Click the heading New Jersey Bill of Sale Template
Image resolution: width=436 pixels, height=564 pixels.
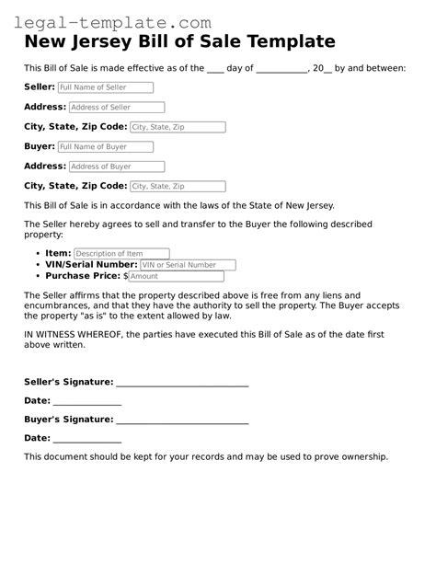tap(178, 42)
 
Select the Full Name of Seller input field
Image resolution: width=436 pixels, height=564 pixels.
tap(106, 87)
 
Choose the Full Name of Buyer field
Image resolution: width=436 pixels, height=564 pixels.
tap(105, 146)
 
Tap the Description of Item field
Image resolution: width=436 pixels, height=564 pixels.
tap(121, 253)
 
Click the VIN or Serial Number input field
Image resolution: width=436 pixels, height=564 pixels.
tap(188, 265)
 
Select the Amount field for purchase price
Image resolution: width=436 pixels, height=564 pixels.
tap(176, 276)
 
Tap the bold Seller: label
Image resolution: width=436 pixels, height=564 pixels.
tap(40, 86)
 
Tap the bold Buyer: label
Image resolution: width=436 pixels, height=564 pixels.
tap(40, 146)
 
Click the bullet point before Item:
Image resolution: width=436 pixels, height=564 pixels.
tap(37, 253)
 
